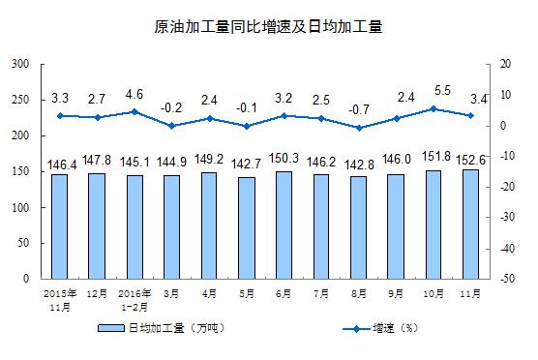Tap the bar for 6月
tap(284, 225)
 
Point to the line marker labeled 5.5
tap(433, 108)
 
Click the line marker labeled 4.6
tap(134, 111)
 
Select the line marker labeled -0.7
tap(359, 128)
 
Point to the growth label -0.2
tap(172, 107)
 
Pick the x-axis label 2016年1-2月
tap(134, 296)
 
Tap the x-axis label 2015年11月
tap(59, 296)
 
